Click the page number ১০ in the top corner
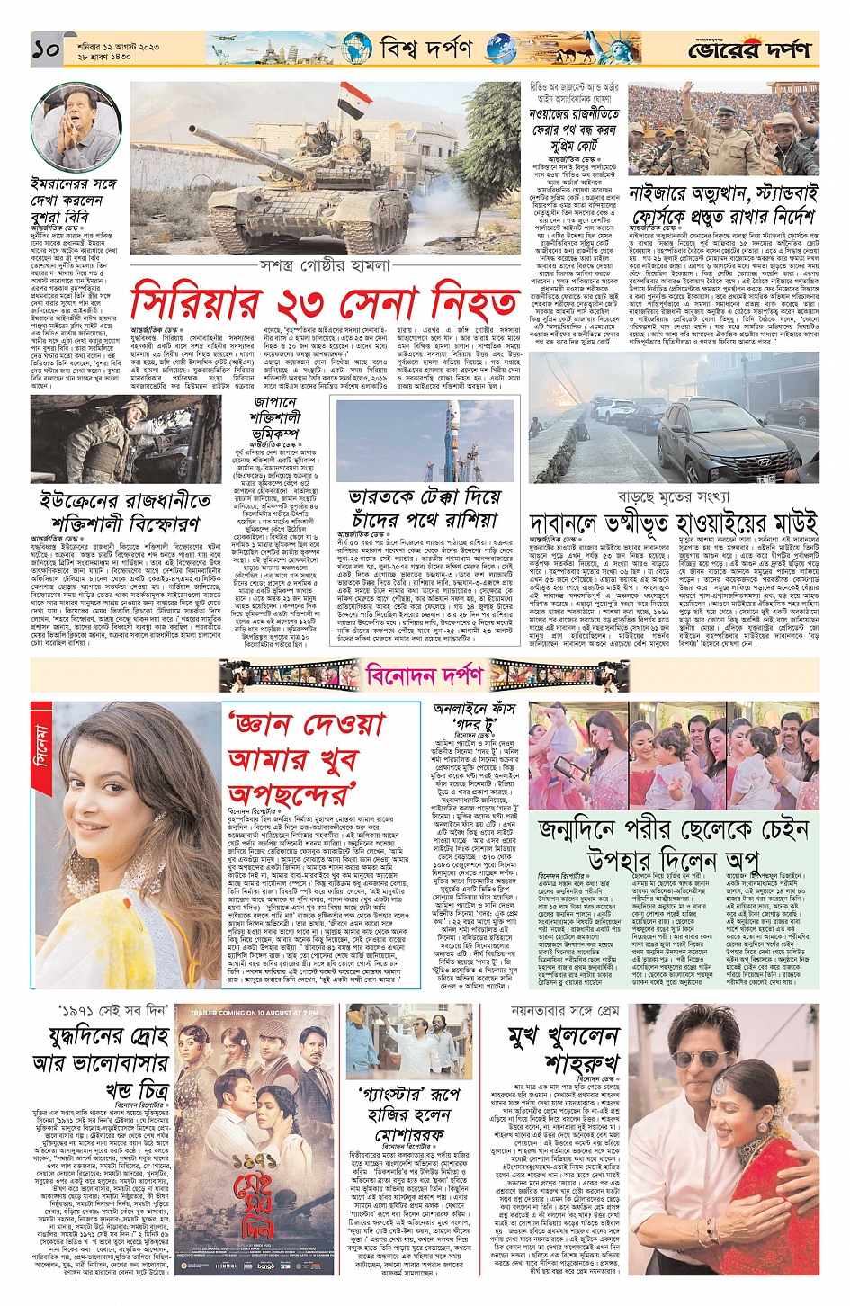click(x=46, y=50)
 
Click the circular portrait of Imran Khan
click(x=76, y=128)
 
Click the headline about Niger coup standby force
click(x=722, y=205)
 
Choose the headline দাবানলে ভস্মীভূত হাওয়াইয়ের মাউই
click(x=672, y=523)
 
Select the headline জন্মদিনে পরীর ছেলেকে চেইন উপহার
click(x=672, y=843)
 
